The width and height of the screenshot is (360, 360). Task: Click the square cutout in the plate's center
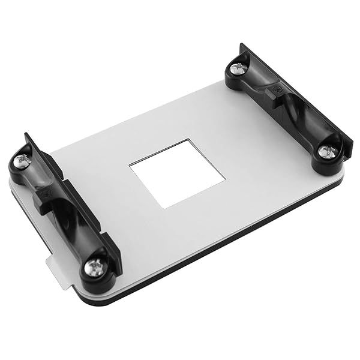(176, 173)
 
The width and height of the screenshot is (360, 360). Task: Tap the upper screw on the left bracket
(23, 160)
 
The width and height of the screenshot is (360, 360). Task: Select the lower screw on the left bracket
(94, 268)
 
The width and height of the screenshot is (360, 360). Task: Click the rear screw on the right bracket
(239, 69)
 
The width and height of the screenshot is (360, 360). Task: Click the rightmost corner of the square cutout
(225, 178)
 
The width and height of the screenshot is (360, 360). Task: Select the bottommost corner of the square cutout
(164, 208)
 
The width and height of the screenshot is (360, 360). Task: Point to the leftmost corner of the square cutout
(130, 166)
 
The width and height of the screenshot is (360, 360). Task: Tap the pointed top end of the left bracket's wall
(26, 136)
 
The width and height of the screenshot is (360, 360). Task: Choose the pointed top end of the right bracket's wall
(242, 44)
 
